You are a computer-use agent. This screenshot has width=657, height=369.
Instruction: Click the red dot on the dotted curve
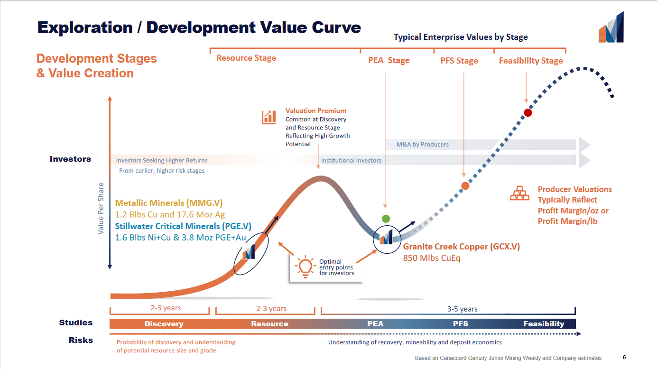tap(527, 113)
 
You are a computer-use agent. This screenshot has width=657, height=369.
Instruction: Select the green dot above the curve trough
tap(386, 219)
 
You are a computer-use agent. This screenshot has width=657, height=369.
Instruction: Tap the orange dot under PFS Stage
tap(465, 186)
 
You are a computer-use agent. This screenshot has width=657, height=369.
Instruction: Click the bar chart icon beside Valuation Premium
tap(269, 117)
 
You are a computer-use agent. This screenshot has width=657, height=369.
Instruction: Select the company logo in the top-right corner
tap(611, 28)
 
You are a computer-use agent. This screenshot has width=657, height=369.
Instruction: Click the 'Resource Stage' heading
tap(246, 58)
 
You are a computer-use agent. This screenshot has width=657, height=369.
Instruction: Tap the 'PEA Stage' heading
tap(389, 61)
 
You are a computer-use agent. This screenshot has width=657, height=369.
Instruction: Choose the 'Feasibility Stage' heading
tap(531, 61)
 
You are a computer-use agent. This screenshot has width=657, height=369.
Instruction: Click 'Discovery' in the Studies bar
tap(164, 324)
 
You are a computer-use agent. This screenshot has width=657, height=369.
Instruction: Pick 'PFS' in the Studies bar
tap(460, 324)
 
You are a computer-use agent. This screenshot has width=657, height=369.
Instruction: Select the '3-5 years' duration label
tap(462, 309)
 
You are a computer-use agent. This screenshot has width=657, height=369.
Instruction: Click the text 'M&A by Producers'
tap(423, 145)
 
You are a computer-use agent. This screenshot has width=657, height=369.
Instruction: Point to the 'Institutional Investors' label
tap(351, 160)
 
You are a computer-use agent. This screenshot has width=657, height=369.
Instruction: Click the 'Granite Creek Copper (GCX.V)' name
tap(461, 247)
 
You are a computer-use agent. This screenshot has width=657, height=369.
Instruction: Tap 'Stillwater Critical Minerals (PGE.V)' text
tap(183, 226)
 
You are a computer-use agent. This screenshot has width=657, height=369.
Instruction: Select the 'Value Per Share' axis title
tap(101, 208)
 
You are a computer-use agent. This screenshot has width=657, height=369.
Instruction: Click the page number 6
tap(624, 357)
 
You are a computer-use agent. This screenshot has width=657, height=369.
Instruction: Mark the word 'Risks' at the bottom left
tap(81, 340)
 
